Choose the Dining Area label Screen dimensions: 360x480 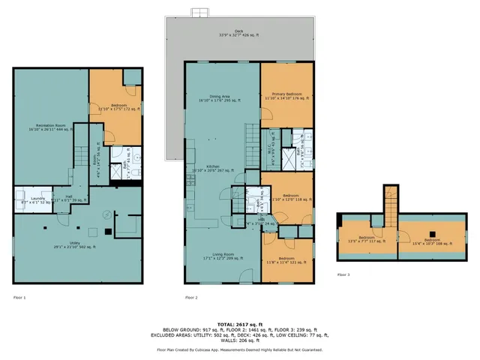pyautogui.click(x=223, y=97)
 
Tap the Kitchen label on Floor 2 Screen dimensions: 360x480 pyautogui.click(x=213, y=169)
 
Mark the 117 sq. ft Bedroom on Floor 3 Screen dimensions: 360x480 pyautogui.click(x=365, y=241)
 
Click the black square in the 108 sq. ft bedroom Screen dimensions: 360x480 pyautogui.click(x=430, y=232)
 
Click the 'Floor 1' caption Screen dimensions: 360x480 pyautogui.click(x=19, y=298)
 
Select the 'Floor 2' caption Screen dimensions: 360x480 pyautogui.click(x=191, y=298)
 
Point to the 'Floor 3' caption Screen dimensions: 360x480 pyautogui.click(x=343, y=275)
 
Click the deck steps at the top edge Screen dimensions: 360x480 pyautogui.click(x=199, y=13)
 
